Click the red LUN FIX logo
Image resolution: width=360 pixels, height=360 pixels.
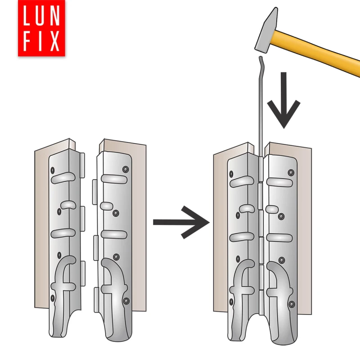click(x=41, y=28)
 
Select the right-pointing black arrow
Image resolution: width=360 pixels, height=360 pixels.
click(x=181, y=222)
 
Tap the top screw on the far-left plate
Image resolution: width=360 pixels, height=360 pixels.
click(x=53, y=171)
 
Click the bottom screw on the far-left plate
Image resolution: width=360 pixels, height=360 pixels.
click(x=53, y=298)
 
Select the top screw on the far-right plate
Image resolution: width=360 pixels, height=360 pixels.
click(x=291, y=173)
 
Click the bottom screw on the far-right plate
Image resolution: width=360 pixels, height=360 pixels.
click(x=292, y=305)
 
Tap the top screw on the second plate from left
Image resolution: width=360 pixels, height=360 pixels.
click(x=126, y=170)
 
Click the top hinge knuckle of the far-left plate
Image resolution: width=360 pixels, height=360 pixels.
click(x=82, y=165)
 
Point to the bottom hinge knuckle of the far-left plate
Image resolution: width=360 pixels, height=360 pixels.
click(x=83, y=274)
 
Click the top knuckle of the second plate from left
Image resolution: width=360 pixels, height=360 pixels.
click(x=95, y=192)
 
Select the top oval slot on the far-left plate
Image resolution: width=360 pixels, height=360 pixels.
click(x=63, y=178)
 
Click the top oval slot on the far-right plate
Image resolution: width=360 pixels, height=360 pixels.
click(x=279, y=182)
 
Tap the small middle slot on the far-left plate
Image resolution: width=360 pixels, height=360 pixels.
click(x=68, y=205)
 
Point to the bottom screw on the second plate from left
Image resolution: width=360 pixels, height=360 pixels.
click(x=126, y=301)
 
